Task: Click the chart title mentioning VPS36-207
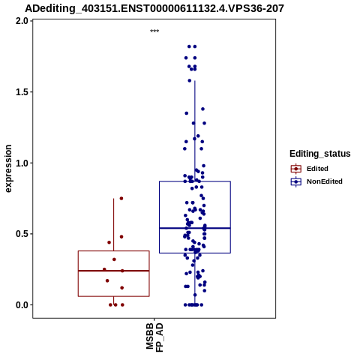coord(154,8)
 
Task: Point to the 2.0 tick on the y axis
coord(22,21)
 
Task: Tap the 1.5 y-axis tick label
coord(22,92)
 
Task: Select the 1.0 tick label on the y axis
coord(22,163)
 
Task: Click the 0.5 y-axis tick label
coord(22,234)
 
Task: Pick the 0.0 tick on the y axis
coord(22,305)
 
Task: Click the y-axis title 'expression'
coord(8,169)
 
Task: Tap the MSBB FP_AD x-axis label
coord(154,337)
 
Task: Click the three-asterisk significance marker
coord(154,31)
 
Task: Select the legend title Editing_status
coord(320,154)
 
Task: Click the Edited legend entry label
coord(317,169)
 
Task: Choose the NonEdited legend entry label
coord(325,181)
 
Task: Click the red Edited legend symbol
coord(296,169)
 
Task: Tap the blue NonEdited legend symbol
coord(296,181)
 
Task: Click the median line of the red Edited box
coord(114,271)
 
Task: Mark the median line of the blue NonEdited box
coord(195,228)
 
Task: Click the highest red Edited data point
coord(121,199)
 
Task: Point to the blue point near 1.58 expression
coord(190,81)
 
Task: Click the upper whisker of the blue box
coord(195,131)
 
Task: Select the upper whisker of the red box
coord(114,225)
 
